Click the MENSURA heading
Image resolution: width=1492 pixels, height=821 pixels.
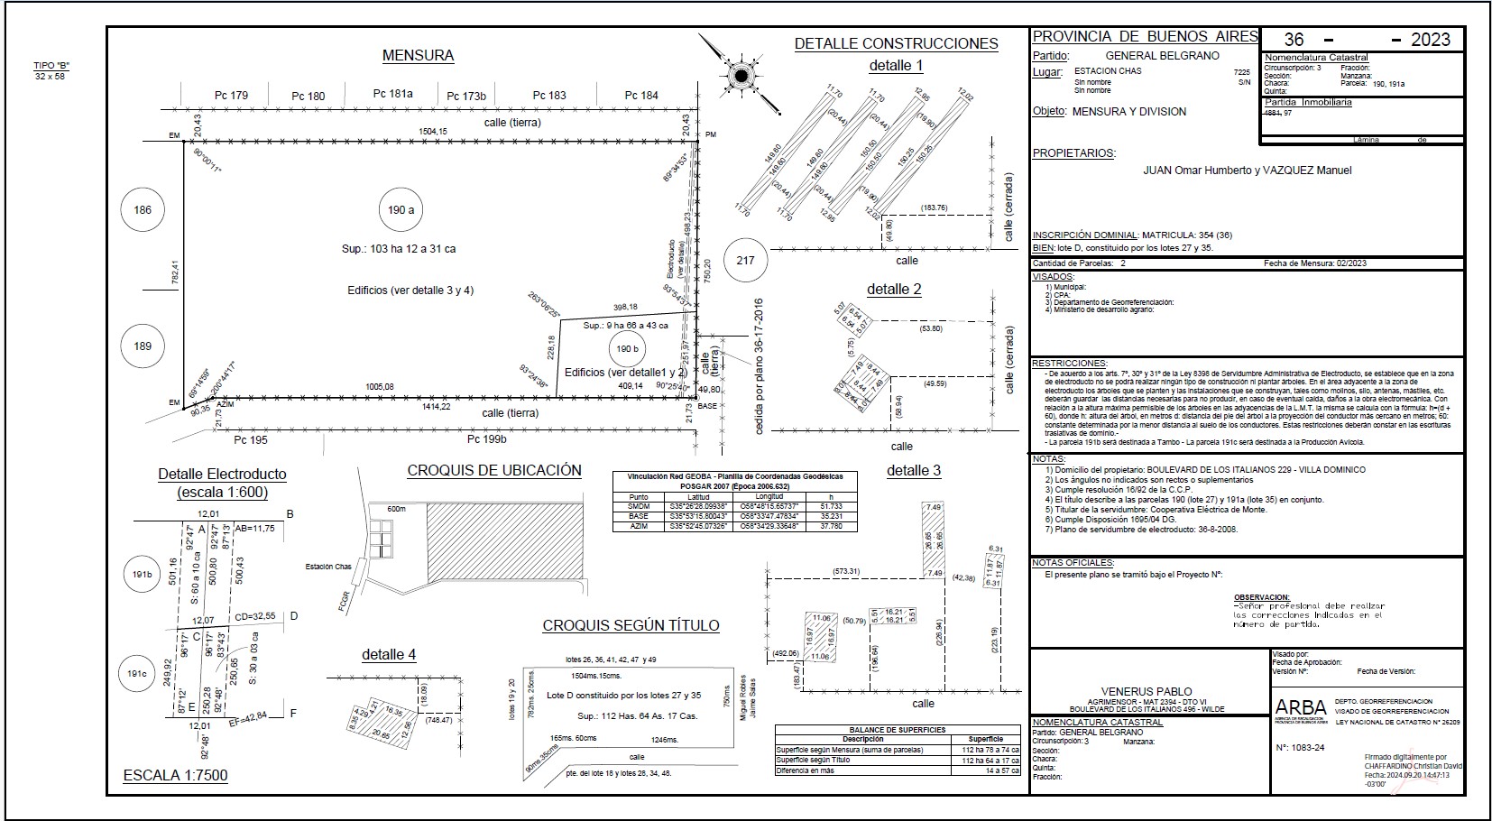coord(418,56)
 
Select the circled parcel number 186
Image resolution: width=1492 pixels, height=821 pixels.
coord(143,210)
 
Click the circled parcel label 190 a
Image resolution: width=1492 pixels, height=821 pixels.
coord(401,210)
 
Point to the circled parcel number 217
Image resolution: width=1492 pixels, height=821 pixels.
coord(745,260)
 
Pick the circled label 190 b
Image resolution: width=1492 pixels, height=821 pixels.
coord(627,348)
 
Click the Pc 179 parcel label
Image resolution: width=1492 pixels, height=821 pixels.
coord(231,96)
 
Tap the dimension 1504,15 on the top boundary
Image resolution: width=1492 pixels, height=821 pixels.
coord(433,132)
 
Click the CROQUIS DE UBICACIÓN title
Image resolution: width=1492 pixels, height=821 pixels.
coord(494,471)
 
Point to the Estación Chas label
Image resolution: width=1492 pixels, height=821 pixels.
coord(328,567)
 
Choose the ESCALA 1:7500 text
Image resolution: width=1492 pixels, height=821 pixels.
coord(175,775)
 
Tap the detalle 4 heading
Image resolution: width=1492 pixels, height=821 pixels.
coord(389,655)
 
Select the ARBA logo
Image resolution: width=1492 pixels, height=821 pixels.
coord(1300,708)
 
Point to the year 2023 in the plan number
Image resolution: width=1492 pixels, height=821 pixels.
coord(1431,40)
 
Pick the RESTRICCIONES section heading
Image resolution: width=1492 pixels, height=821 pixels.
coord(1069,363)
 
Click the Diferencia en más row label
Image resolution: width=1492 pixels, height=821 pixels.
coord(806,770)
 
